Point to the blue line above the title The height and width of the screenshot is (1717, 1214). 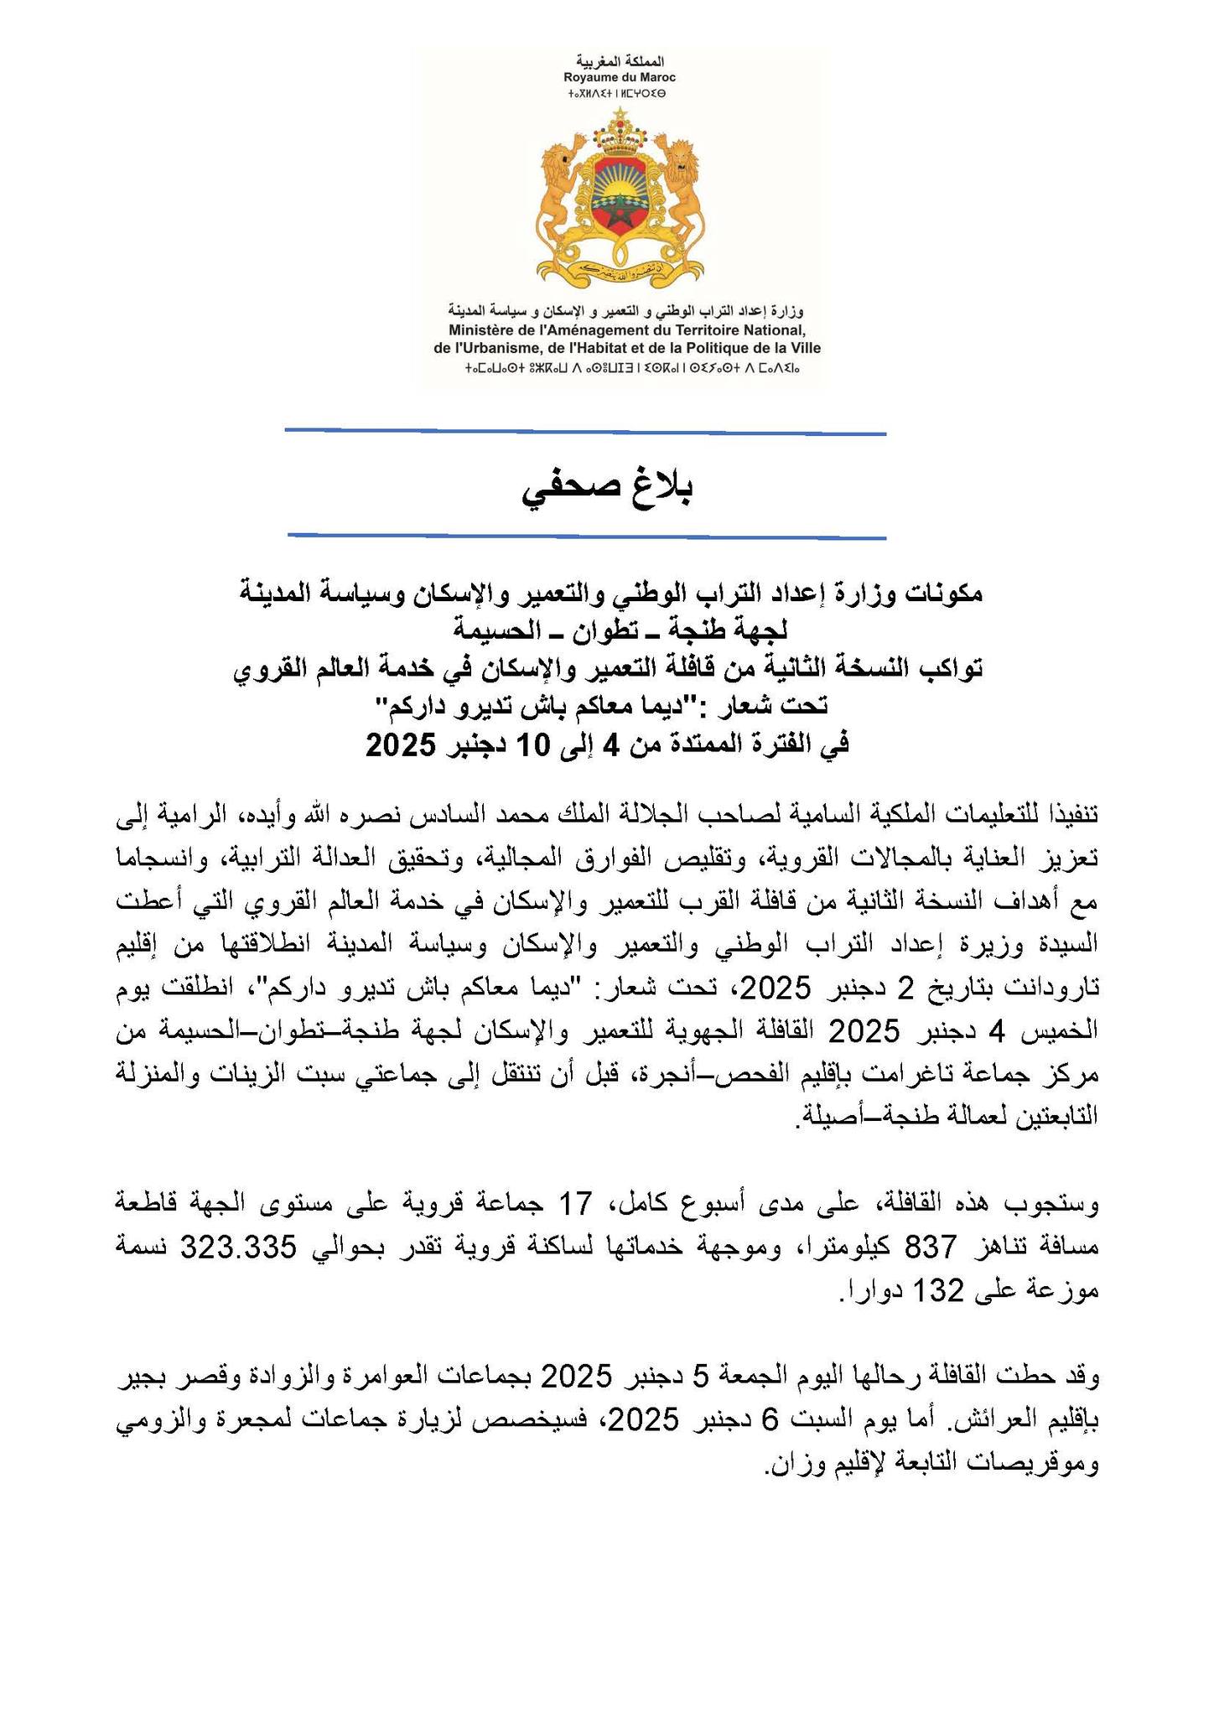coord(585,432)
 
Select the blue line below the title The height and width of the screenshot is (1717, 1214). coord(585,535)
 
